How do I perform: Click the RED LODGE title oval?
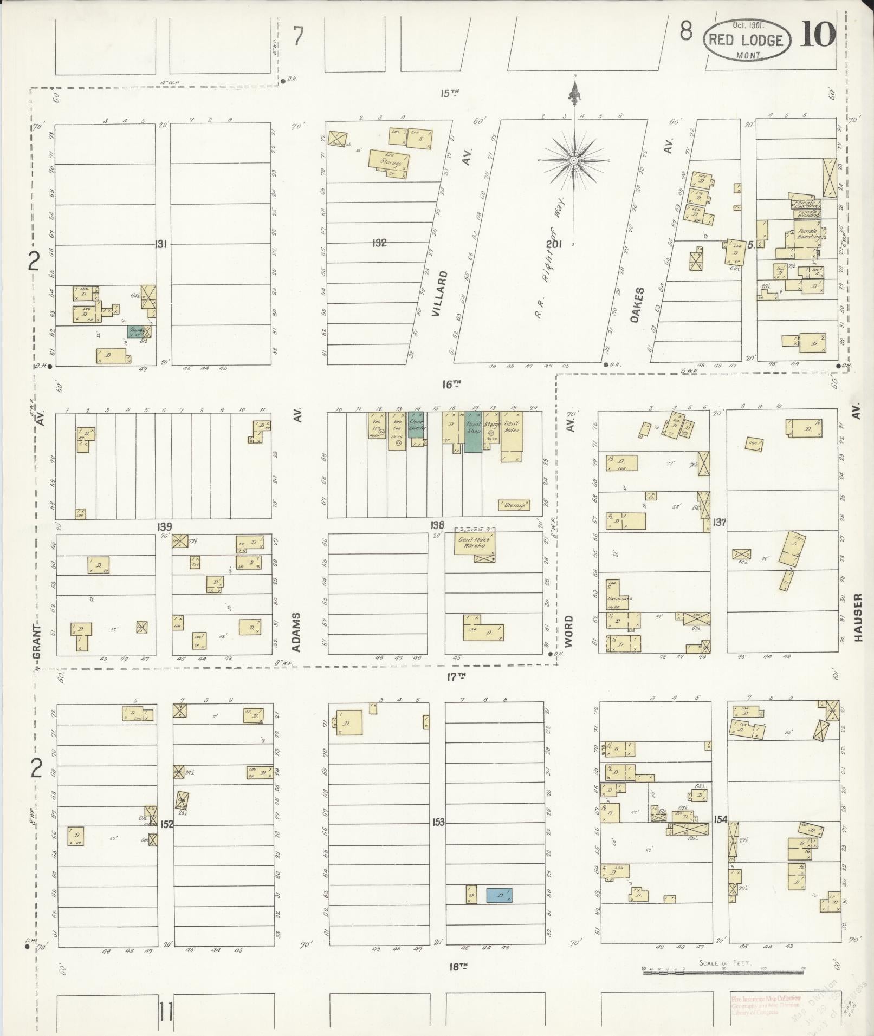coord(746,40)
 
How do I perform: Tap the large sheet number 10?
coord(818,36)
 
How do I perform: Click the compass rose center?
coord(574,160)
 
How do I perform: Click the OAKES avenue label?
coord(637,305)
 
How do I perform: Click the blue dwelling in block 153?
coord(498,895)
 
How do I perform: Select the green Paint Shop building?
coord(473,432)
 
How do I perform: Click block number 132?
coord(379,243)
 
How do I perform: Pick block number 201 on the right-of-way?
coord(553,244)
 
